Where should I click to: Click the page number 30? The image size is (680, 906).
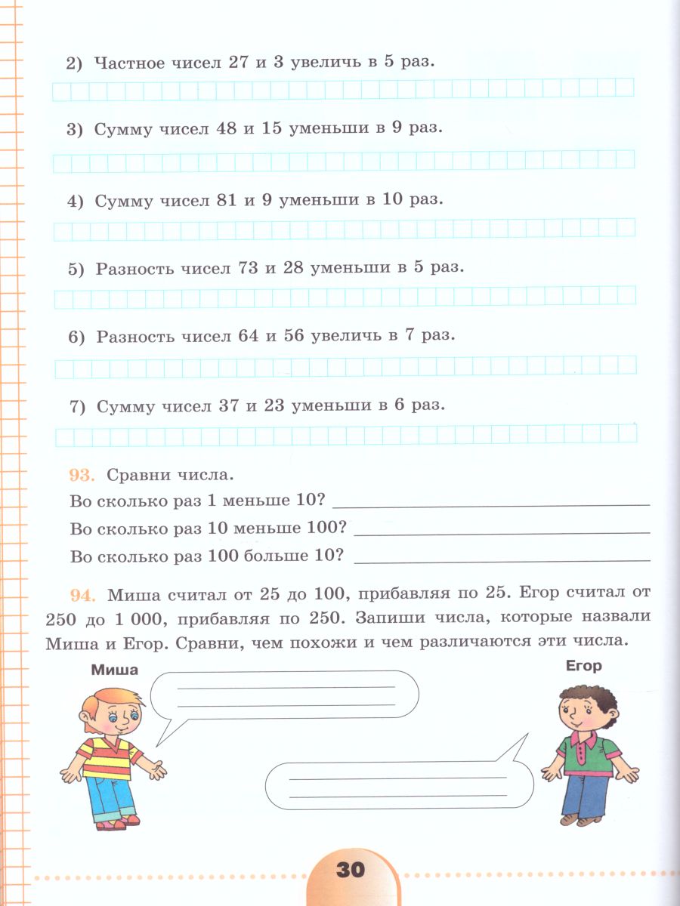[x=349, y=869]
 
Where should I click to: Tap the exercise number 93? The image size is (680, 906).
[x=80, y=475]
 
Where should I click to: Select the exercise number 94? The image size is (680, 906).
[x=80, y=594]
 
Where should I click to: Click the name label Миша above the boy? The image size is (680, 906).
[x=114, y=669]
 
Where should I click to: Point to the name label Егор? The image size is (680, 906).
[x=583, y=666]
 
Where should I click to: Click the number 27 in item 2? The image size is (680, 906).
[x=239, y=62]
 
